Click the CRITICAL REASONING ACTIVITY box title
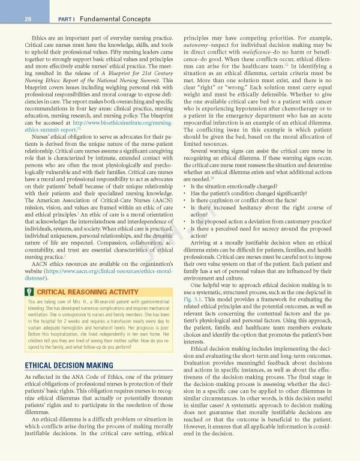[x=79, y=292]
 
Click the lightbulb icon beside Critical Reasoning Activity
[x=28, y=292]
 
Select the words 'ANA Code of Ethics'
[x=89, y=376]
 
